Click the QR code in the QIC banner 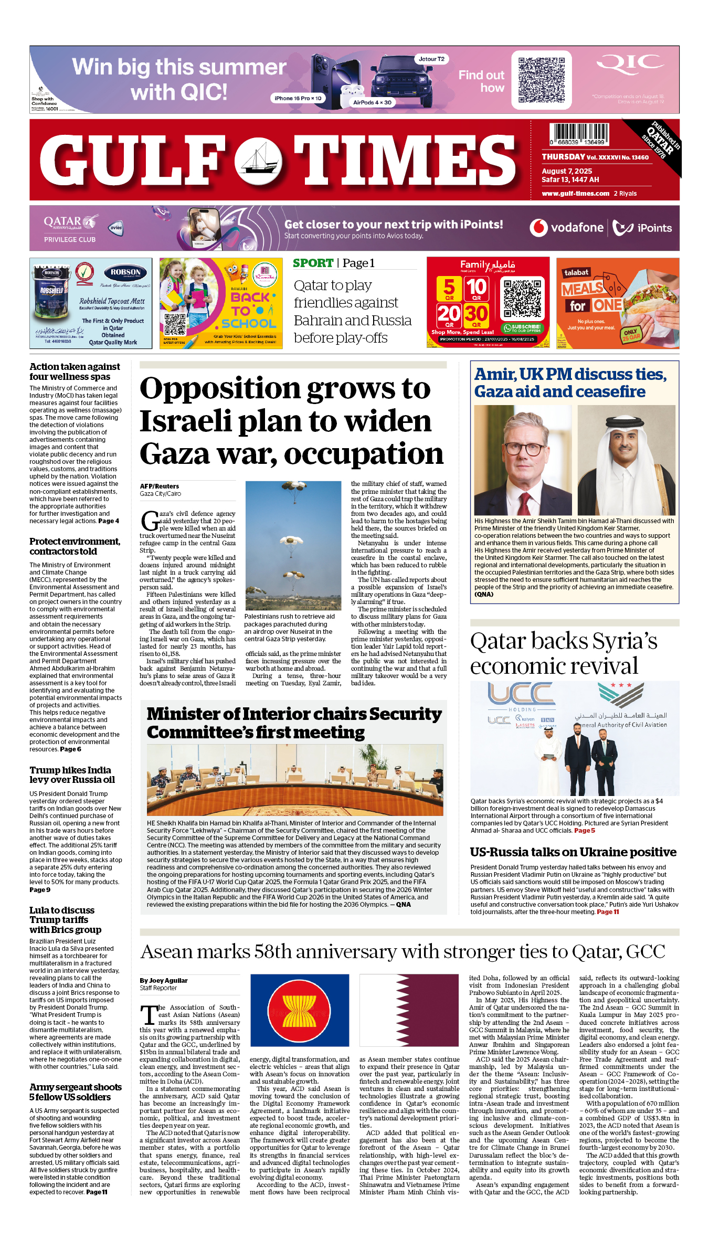click(541, 80)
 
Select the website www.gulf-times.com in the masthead click(575, 194)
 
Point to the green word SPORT click(313, 263)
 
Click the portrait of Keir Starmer click(522, 460)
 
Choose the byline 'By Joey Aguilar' click(164, 980)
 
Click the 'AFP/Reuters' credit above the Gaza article click(159, 486)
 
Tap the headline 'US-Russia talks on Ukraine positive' click(573, 852)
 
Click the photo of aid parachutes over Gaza click(293, 545)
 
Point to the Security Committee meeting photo click(294, 780)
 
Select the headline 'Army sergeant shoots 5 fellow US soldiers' click(76, 1092)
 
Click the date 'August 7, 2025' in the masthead click(567, 171)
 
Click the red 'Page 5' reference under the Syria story click(585, 831)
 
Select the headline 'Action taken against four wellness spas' click(75, 372)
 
